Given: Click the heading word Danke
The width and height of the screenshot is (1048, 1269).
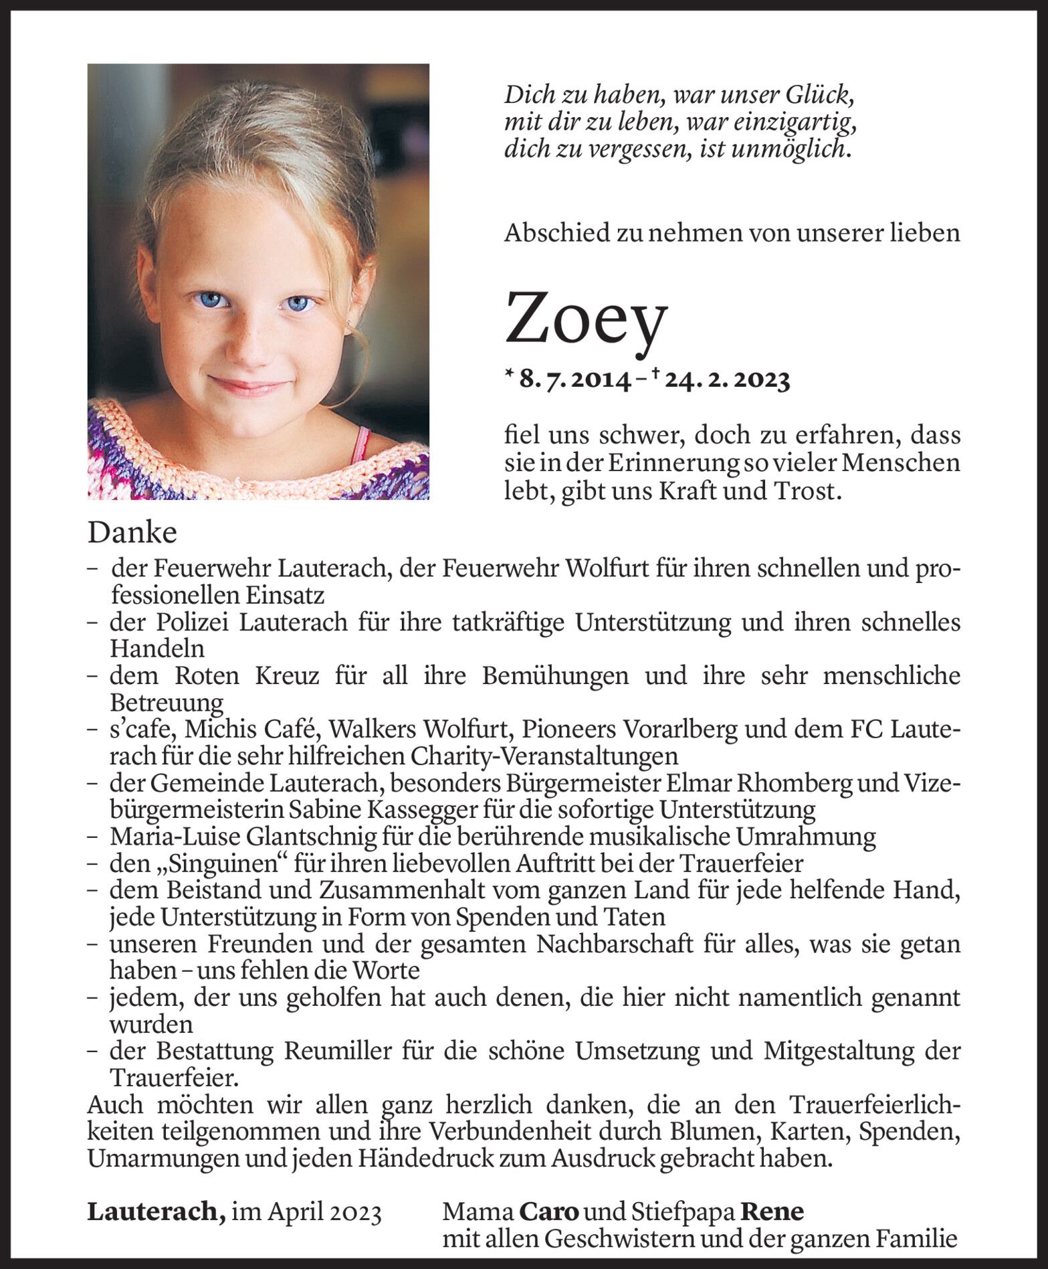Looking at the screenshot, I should click(x=132, y=533).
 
